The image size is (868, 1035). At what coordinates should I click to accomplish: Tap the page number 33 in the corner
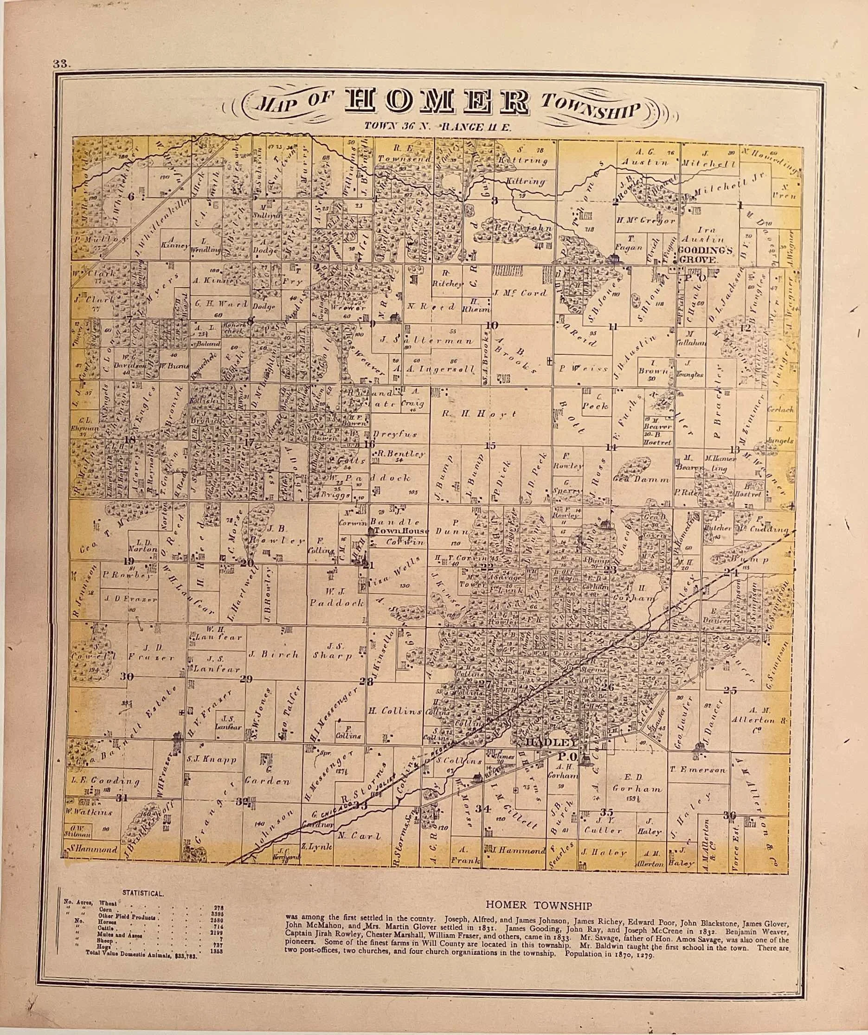(x=63, y=64)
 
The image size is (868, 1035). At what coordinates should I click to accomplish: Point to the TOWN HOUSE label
(x=401, y=531)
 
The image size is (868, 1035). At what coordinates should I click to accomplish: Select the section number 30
(x=127, y=677)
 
